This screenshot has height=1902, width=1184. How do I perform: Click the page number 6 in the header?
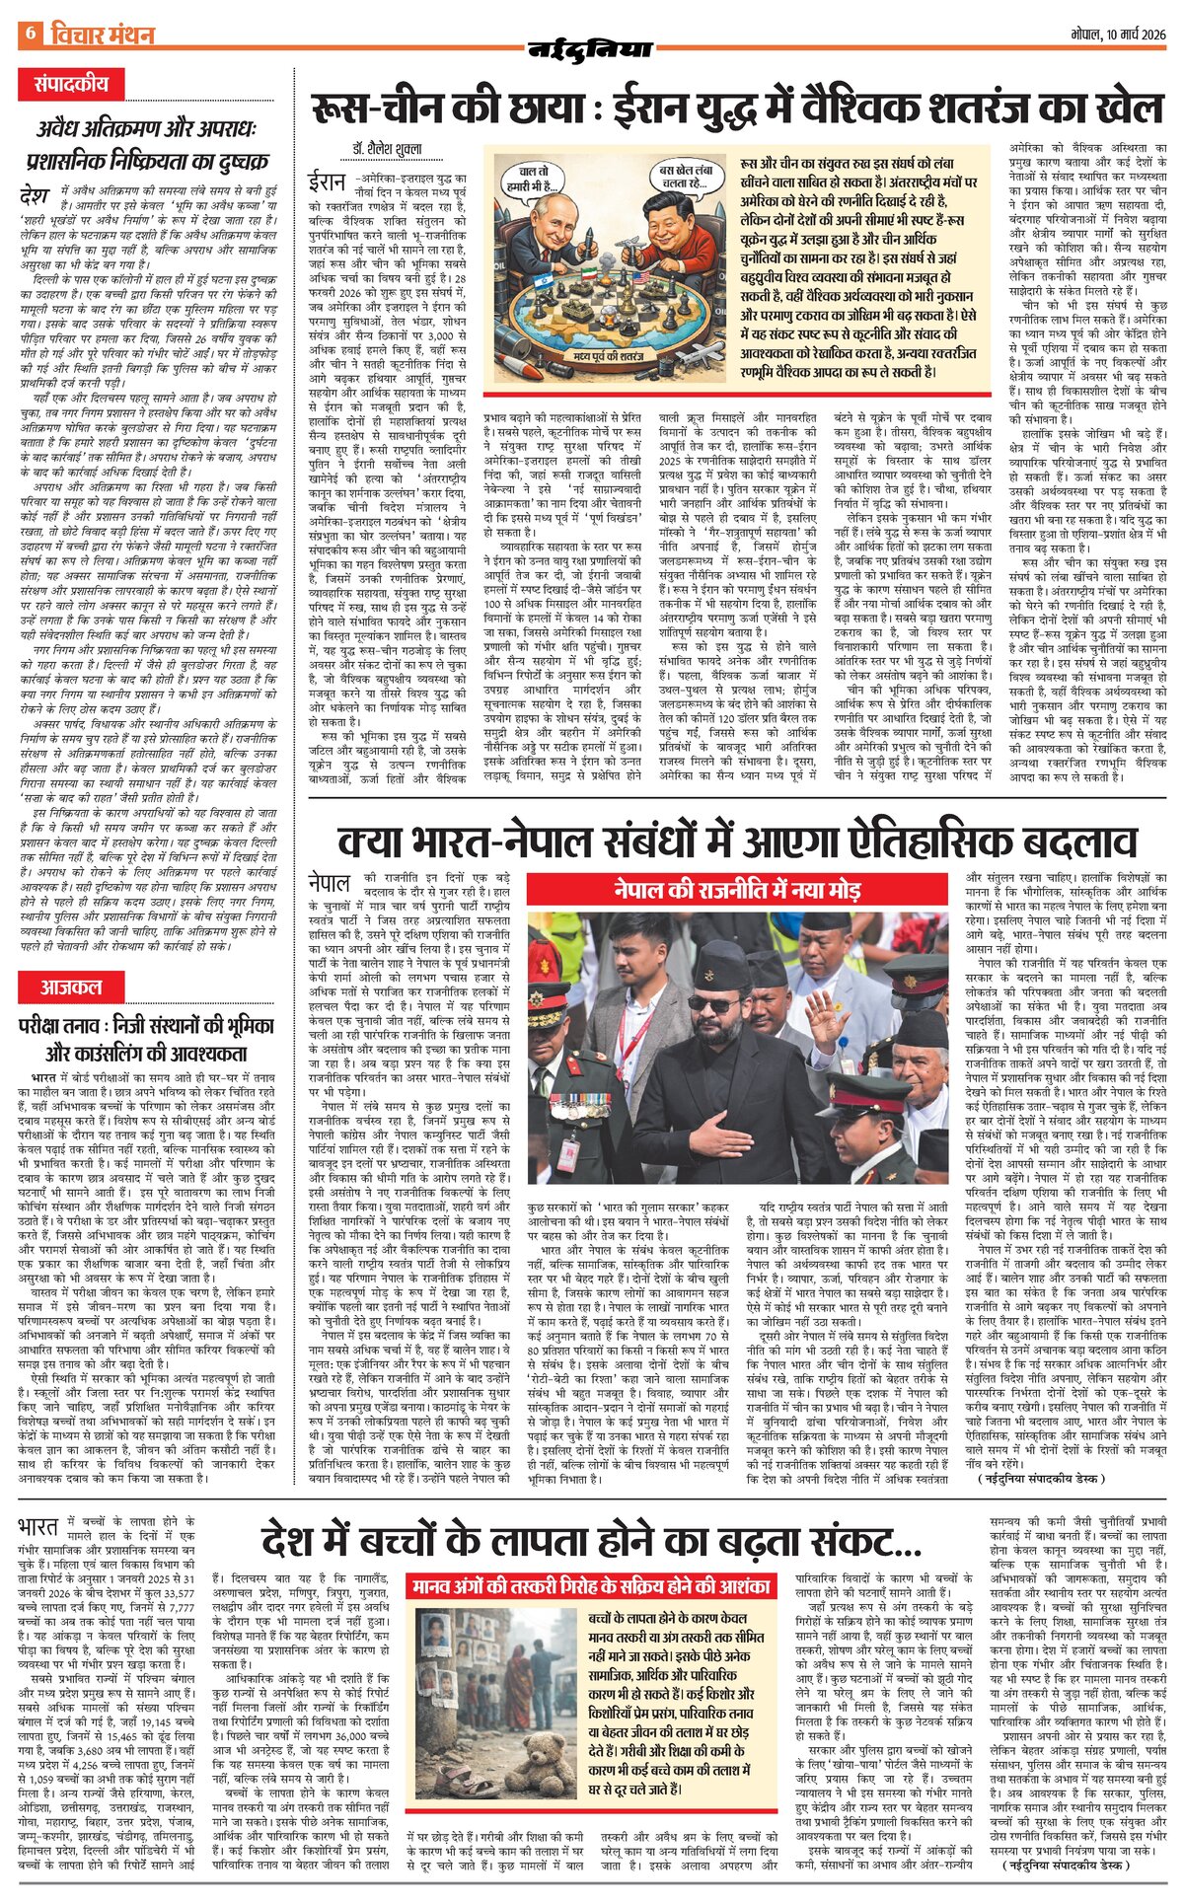coord(30,34)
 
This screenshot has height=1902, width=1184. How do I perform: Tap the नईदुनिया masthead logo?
coord(590,48)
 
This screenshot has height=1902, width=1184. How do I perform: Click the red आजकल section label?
coord(70,986)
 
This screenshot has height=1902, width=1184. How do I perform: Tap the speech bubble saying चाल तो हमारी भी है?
coord(531,177)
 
